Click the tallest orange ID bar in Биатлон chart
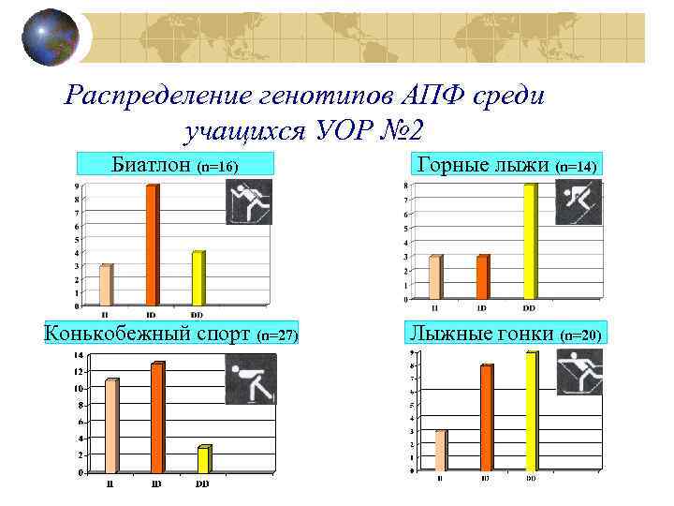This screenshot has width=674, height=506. (x=152, y=245)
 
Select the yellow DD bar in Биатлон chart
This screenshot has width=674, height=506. (x=198, y=277)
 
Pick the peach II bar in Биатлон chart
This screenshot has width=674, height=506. (x=106, y=285)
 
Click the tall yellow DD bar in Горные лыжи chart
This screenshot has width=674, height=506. (x=530, y=241)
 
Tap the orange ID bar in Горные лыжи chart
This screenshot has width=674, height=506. (x=482, y=276)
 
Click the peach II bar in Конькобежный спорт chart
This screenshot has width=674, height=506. (x=111, y=425)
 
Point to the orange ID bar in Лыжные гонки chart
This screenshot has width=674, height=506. (x=486, y=417)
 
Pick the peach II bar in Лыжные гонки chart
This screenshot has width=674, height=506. (x=441, y=450)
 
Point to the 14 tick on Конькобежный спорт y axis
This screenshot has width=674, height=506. (x=79, y=355)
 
